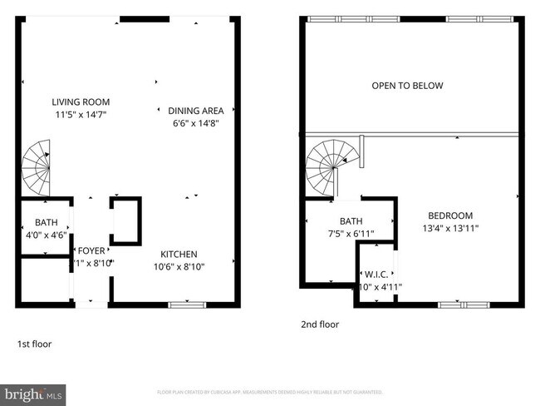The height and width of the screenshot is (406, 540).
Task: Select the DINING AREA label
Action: point(195,110)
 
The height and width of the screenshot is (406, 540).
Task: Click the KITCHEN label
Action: point(179,254)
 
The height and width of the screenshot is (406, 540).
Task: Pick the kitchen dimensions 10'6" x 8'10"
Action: point(179,266)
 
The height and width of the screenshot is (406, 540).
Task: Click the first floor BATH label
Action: point(46,222)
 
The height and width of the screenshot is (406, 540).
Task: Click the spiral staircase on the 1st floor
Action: point(37,166)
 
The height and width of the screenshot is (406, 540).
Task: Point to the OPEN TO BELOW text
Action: point(407,86)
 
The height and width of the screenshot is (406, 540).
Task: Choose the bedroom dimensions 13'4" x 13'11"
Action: point(450,228)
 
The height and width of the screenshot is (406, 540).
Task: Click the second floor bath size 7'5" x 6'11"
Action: point(351,234)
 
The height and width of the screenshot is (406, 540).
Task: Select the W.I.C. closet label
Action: point(378,275)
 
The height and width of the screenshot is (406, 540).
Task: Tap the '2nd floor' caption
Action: point(320,324)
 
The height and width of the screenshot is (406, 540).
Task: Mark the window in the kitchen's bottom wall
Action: point(187,304)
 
